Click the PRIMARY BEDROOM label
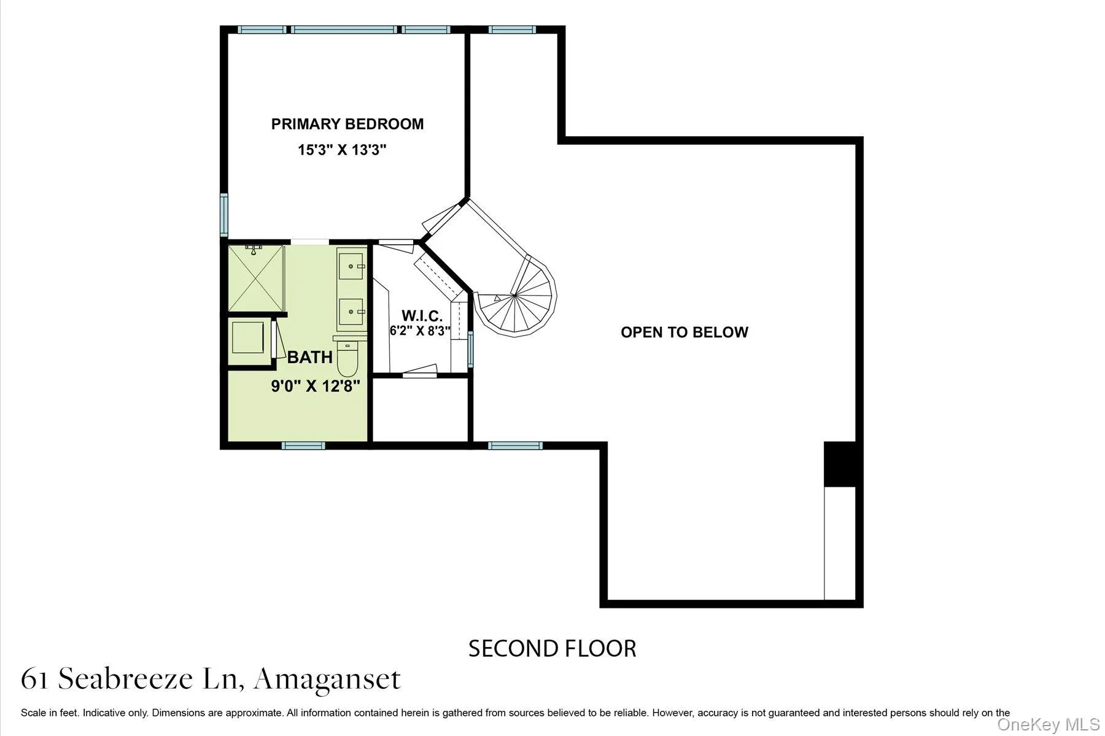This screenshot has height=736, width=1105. point(347,124)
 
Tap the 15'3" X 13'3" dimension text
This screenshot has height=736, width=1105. point(342,150)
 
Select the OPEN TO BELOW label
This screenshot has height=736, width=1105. point(684,332)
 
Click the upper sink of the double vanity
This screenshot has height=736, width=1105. point(351,266)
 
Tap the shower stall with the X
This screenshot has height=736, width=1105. point(255,279)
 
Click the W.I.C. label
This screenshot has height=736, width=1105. point(422,316)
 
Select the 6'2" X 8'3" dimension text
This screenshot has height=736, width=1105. point(421,331)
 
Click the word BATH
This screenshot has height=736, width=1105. point(310,357)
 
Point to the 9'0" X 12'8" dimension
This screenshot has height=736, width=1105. point(315,386)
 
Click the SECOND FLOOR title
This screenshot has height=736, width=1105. point(552,648)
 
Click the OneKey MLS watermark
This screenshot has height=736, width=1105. point(1048,724)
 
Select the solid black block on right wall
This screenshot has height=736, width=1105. point(840,464)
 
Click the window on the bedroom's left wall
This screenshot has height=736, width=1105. point(224,214)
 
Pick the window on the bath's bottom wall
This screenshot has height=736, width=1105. point(303,446)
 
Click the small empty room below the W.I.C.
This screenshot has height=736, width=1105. point(421,409)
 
